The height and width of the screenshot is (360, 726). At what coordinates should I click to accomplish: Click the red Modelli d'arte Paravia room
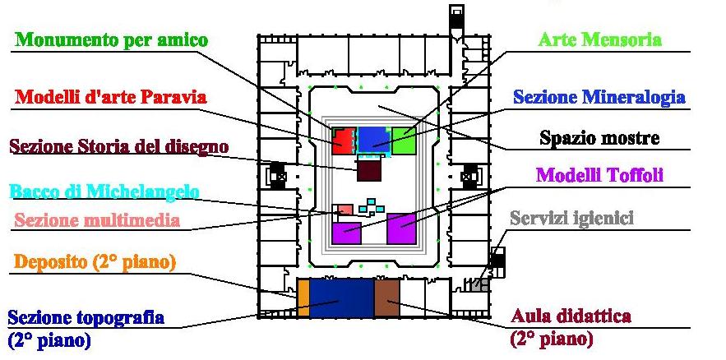coord(343,141)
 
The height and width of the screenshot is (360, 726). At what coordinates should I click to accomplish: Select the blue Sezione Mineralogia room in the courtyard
coord(372,139)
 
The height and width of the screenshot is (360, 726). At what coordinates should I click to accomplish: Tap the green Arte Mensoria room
coord(404,141)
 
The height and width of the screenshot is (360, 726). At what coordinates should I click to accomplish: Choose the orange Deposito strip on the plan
coord(303,298)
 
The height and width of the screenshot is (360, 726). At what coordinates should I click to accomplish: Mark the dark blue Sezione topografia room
coord(341,298)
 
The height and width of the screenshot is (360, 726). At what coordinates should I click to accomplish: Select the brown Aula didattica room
coord(386,298)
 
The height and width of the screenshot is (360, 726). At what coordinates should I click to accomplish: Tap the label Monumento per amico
coord(111,39)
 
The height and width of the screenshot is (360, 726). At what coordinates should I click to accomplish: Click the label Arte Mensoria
coord(599,39)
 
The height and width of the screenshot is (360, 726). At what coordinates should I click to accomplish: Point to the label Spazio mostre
coord(599,138)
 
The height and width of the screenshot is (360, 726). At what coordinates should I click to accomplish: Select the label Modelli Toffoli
coord(599,175)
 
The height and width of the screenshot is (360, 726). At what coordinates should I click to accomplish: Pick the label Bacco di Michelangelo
coord(104,192)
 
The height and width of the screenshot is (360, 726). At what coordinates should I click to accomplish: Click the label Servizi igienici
coord(571,218)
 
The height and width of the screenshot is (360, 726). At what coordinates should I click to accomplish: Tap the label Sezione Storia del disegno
coord(119,146)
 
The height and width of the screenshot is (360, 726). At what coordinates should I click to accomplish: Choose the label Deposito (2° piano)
coord(95,262)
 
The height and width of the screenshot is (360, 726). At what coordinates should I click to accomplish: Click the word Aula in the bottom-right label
coord(530,316)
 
